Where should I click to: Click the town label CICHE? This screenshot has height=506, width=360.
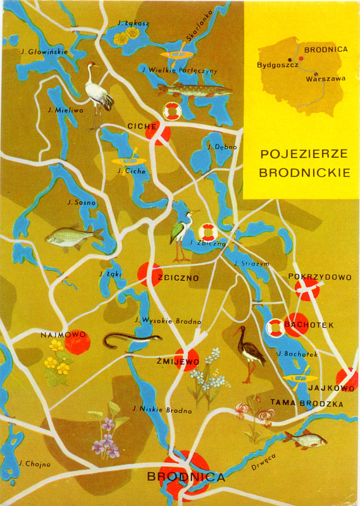click(x=142, y=126)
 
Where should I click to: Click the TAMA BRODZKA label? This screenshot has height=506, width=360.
click(x=306, y=404)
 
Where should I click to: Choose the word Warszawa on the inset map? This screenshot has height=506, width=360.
click(x=325, y=79)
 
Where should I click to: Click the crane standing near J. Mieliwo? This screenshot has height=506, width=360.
click(x=99, y=95)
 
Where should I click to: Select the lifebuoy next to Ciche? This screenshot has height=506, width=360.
click(x=172, y=111)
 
